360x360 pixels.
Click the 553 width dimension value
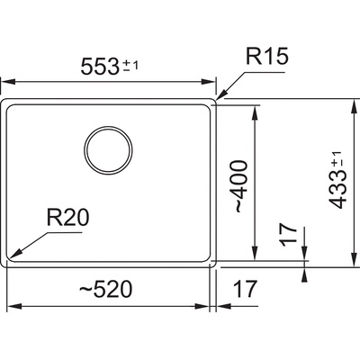[x=99, y=67]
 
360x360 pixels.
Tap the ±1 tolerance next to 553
[x=130, y=65]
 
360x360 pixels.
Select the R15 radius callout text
[x=266, y=56]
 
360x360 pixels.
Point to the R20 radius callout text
[x=67, y=218]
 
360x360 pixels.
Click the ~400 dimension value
[x=241, y=186]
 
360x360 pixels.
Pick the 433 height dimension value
[x=338, y=190]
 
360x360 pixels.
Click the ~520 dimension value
[x=105, y=290]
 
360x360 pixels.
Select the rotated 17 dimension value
[x=289, y=235]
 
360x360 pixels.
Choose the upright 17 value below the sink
[x=246, y=289]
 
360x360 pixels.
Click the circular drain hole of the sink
[x=108, y=150]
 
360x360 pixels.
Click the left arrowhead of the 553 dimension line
[x=8, y=82]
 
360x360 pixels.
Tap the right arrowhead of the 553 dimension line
[x=209, y=82]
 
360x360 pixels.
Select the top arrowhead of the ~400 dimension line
[x=255, y=112]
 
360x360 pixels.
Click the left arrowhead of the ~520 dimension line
[x=13, y=306]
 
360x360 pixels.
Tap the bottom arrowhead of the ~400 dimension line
[x=255, y=254]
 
